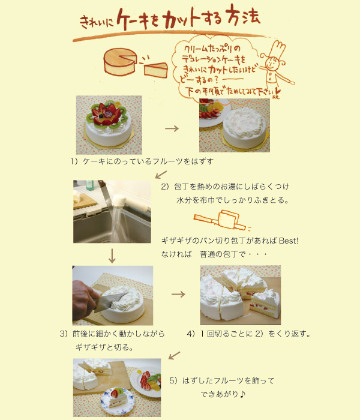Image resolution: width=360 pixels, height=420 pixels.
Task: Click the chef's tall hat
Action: click(277, 49)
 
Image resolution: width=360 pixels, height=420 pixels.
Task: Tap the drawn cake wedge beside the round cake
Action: click(156, 70)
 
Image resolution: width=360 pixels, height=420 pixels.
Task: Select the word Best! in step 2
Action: click(289, 241)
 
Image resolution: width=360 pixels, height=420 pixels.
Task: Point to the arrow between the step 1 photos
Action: click(172, 128)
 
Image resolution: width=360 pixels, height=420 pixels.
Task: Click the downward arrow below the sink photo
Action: click(112, 256)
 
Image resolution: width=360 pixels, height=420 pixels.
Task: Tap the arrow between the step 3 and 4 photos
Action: click(178, 295)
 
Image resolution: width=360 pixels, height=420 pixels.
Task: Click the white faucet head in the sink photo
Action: click(119, 201)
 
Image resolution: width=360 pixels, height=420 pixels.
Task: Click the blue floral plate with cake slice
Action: click(118, 402)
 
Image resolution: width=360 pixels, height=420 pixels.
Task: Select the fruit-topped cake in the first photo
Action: click(109, 124)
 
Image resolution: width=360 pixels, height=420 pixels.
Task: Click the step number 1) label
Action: click(74, 161)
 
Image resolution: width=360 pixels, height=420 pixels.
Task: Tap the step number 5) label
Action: click(173, 380)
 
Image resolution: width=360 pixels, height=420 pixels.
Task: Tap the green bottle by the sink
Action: click(90, 185)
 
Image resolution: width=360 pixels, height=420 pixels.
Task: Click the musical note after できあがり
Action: click(242, 394)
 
